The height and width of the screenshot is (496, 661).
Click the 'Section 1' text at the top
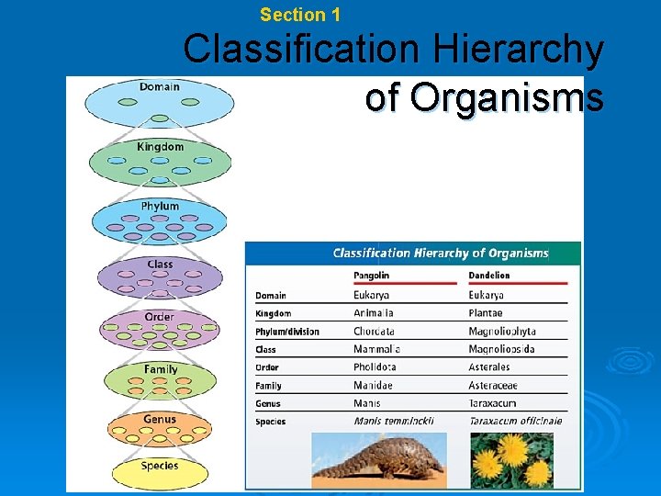(x=300, y=15)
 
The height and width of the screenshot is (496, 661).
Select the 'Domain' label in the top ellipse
(x=160, y=87)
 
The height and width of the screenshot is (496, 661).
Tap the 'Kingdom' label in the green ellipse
(x=160, y=147)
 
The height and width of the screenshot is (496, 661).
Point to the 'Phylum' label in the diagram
(x=160, y=207)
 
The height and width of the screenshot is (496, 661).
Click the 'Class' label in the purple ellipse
(x=160, y=265)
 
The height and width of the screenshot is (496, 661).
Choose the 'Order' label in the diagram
(x=159, y=317)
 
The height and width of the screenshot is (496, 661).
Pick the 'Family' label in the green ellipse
(x=161, y=369)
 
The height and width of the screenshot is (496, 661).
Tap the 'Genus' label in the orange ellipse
(x=160, y=419)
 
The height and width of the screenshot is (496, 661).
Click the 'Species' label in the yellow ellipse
(x=160, y=466)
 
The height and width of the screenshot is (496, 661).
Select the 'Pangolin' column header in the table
(x=372, y=276)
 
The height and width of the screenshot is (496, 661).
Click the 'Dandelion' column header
(x=489, y=276)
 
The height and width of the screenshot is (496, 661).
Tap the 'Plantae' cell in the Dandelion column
(x=486, y=313)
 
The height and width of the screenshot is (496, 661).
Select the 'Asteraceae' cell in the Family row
(x=493, y=386)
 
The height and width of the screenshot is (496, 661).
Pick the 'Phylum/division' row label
(x=287, y=332)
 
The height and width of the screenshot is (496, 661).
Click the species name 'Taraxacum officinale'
(x=515, y=422)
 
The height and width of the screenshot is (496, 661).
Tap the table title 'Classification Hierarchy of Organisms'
(x=441, y=254)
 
